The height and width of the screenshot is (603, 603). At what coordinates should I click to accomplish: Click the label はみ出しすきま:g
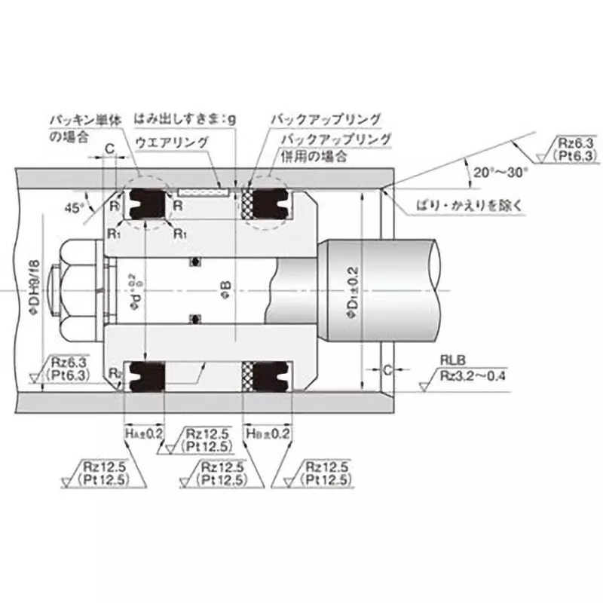[185, 118]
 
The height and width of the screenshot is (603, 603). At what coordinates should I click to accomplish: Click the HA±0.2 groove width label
[144, 434]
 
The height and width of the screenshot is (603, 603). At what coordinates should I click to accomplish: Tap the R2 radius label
[114, 373]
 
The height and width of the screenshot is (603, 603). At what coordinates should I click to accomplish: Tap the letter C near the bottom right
[387, 370]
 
